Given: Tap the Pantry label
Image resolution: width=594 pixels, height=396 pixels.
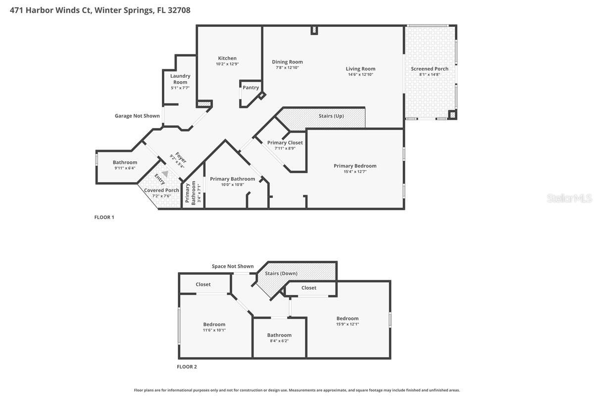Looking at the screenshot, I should (251, 88).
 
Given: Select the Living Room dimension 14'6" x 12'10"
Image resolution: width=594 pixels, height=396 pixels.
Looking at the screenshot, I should (360, 75).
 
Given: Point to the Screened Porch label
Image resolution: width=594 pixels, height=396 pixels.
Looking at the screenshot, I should (430, 69).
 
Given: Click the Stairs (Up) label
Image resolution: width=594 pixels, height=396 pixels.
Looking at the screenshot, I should (331, 116).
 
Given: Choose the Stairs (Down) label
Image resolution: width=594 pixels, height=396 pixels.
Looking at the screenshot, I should (281, 273).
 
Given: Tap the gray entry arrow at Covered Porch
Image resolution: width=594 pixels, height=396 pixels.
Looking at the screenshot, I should (165, 174).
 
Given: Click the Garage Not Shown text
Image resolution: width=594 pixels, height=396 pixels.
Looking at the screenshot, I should (137, 116).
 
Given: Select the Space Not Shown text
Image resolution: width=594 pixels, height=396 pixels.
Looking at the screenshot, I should (233, 266).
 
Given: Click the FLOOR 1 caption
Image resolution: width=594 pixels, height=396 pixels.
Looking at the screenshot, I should (104, 217).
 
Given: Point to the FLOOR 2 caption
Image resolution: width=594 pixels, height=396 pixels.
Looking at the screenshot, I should (187, 367).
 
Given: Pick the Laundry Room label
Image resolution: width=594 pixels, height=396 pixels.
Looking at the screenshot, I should (180, 79).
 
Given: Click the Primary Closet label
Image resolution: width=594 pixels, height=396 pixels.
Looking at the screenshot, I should (285, 143).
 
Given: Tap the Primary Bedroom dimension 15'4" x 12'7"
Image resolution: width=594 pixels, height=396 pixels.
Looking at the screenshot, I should (355, 172).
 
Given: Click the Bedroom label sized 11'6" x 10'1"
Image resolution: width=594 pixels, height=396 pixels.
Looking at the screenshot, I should (214, 325).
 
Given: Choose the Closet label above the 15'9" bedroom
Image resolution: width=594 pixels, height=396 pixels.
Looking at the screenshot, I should (309, 288).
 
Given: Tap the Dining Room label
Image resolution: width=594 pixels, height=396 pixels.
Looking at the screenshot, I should (287, 62).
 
